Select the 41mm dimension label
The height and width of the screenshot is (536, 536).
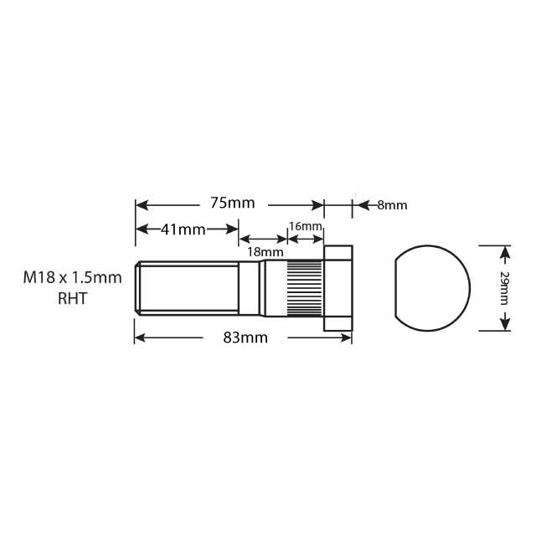pos(182,229)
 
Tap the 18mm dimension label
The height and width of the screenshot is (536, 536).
pos(267,250)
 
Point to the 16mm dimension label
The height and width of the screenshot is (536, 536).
pos(305,227)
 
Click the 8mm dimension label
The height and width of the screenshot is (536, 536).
pos(392,204)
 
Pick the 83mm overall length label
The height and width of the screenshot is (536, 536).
pos(244,338)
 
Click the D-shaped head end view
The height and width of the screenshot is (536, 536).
pos(431,287)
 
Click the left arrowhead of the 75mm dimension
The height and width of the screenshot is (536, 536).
pos(141,204)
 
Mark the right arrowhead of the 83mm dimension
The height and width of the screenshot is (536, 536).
pos(347,338)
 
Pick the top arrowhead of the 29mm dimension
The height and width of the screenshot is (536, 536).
pos(505,250)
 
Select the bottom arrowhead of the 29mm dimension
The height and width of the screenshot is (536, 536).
pos(505,325)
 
